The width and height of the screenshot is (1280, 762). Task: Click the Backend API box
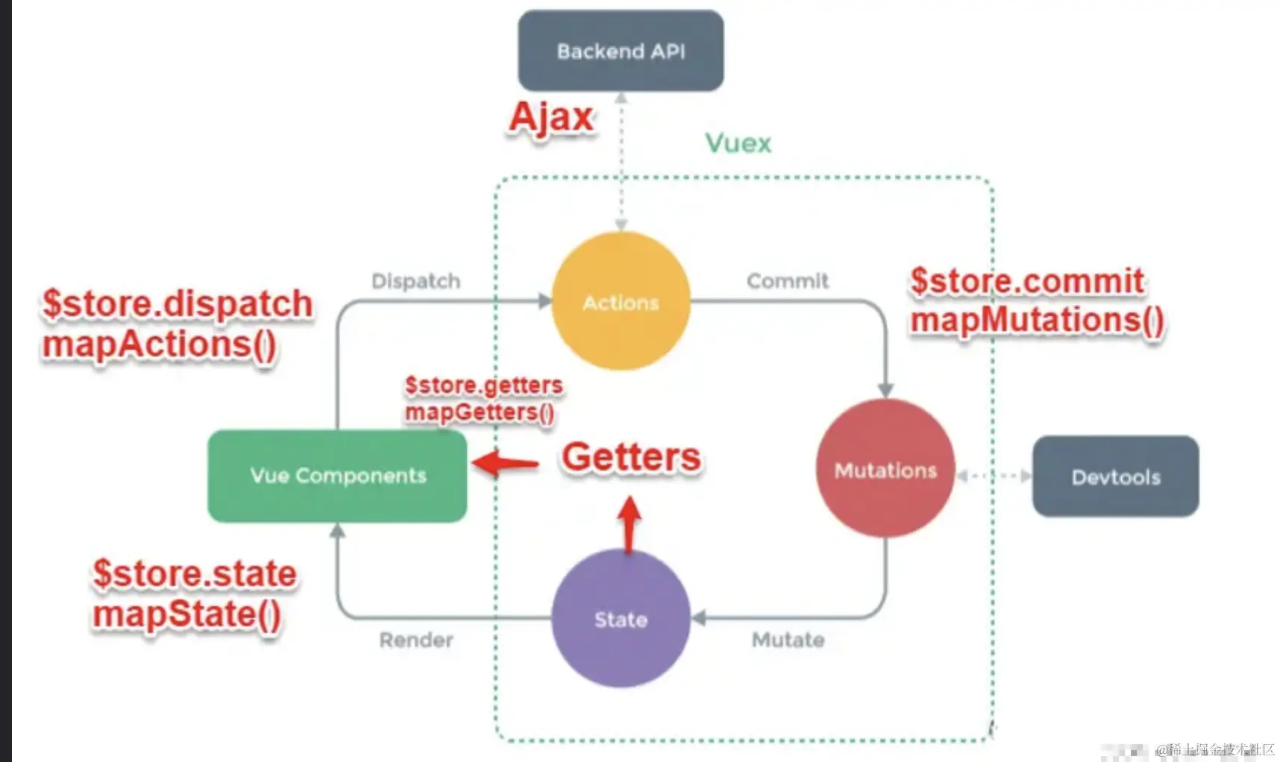point(621,51)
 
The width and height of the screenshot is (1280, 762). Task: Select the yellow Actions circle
point(621,301)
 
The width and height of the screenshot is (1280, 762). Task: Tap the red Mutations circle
point(885,469)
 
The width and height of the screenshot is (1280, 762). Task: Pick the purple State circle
point(621,618)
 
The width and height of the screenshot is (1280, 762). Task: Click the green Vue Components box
point(337,476)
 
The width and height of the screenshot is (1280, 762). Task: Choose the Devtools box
point(1115,476)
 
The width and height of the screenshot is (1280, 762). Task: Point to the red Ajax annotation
point(551,117)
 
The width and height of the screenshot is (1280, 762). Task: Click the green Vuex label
point(738,142)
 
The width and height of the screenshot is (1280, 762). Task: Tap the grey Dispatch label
point(415,281)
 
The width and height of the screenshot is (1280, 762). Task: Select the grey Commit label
point(787,281)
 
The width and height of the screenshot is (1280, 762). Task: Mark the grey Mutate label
point(788,640)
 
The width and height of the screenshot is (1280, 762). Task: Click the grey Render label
point(415,640)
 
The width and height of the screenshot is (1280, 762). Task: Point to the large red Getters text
point(631,456)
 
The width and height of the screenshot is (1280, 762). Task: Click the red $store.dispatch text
point(178,303)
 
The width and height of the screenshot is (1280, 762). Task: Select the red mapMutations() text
point(1037,320)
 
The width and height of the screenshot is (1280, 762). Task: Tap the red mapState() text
point(186,614)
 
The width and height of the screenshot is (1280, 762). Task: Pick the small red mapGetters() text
point(479,412)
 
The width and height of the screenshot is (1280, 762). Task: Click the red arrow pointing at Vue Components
point(506,464)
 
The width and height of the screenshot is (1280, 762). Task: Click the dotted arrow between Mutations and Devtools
point(994,476)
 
